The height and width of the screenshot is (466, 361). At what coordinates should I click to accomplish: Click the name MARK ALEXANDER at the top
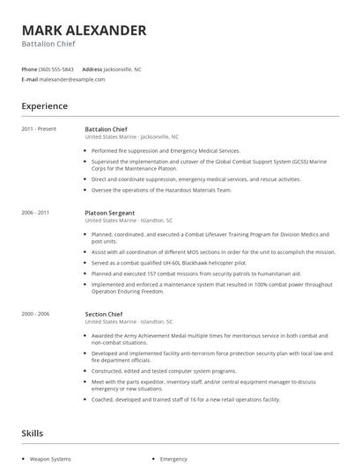85,30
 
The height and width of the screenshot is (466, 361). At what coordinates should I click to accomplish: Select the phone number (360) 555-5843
57,69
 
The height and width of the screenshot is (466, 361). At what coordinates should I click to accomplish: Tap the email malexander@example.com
72,79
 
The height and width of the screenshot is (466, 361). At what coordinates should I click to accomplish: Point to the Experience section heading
45,106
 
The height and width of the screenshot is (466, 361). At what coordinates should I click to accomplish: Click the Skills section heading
33,433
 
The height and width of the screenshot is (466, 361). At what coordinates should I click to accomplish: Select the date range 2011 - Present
39,129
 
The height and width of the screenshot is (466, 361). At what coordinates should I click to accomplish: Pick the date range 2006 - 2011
36,213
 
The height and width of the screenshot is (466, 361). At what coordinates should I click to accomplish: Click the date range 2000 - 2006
36,314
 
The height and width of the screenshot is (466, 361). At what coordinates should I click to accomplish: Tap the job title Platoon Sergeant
110,213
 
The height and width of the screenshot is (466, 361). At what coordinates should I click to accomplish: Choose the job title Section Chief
104,314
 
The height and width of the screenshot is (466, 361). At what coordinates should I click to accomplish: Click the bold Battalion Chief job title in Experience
107,129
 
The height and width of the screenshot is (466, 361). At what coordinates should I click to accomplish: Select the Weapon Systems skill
50,459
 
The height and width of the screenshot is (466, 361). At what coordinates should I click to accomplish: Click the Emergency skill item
173,459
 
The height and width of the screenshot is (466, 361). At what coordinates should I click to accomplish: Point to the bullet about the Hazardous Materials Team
161,190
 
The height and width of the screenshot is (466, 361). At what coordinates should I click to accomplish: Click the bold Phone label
29,69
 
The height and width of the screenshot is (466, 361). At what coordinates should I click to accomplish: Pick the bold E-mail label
30,79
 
